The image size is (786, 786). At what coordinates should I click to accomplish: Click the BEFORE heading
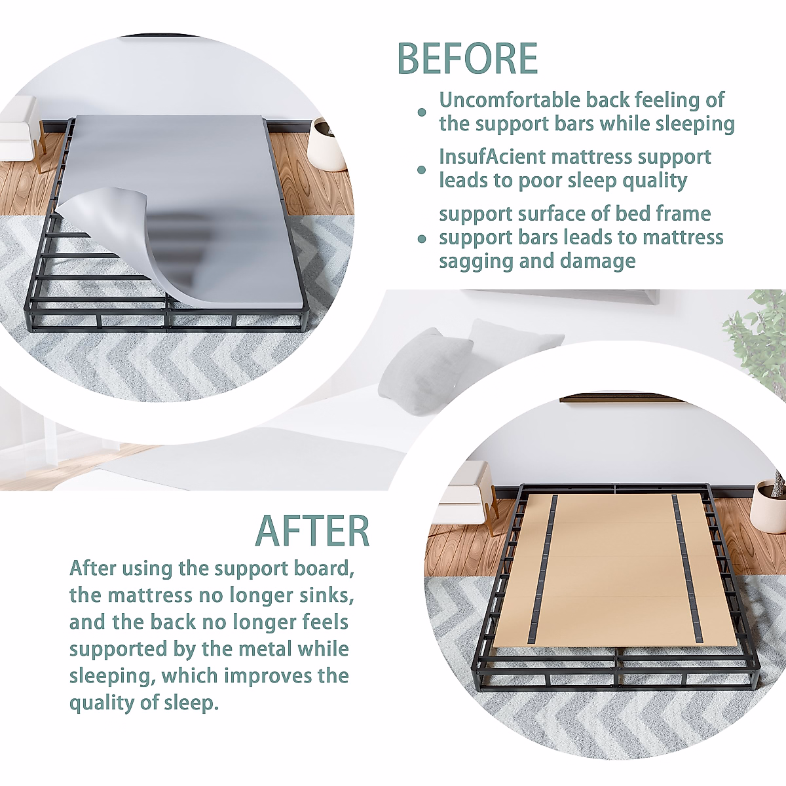[x=467, y=58]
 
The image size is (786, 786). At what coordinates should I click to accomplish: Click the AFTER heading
[x=312, y=531]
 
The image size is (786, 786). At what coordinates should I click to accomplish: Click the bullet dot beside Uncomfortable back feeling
[x=422, y=113]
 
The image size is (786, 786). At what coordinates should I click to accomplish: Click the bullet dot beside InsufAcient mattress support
[x=422, y=170]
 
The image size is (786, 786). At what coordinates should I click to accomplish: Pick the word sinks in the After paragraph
[x=327, y=595]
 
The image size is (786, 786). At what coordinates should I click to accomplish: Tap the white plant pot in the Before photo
[x=327, y=146]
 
